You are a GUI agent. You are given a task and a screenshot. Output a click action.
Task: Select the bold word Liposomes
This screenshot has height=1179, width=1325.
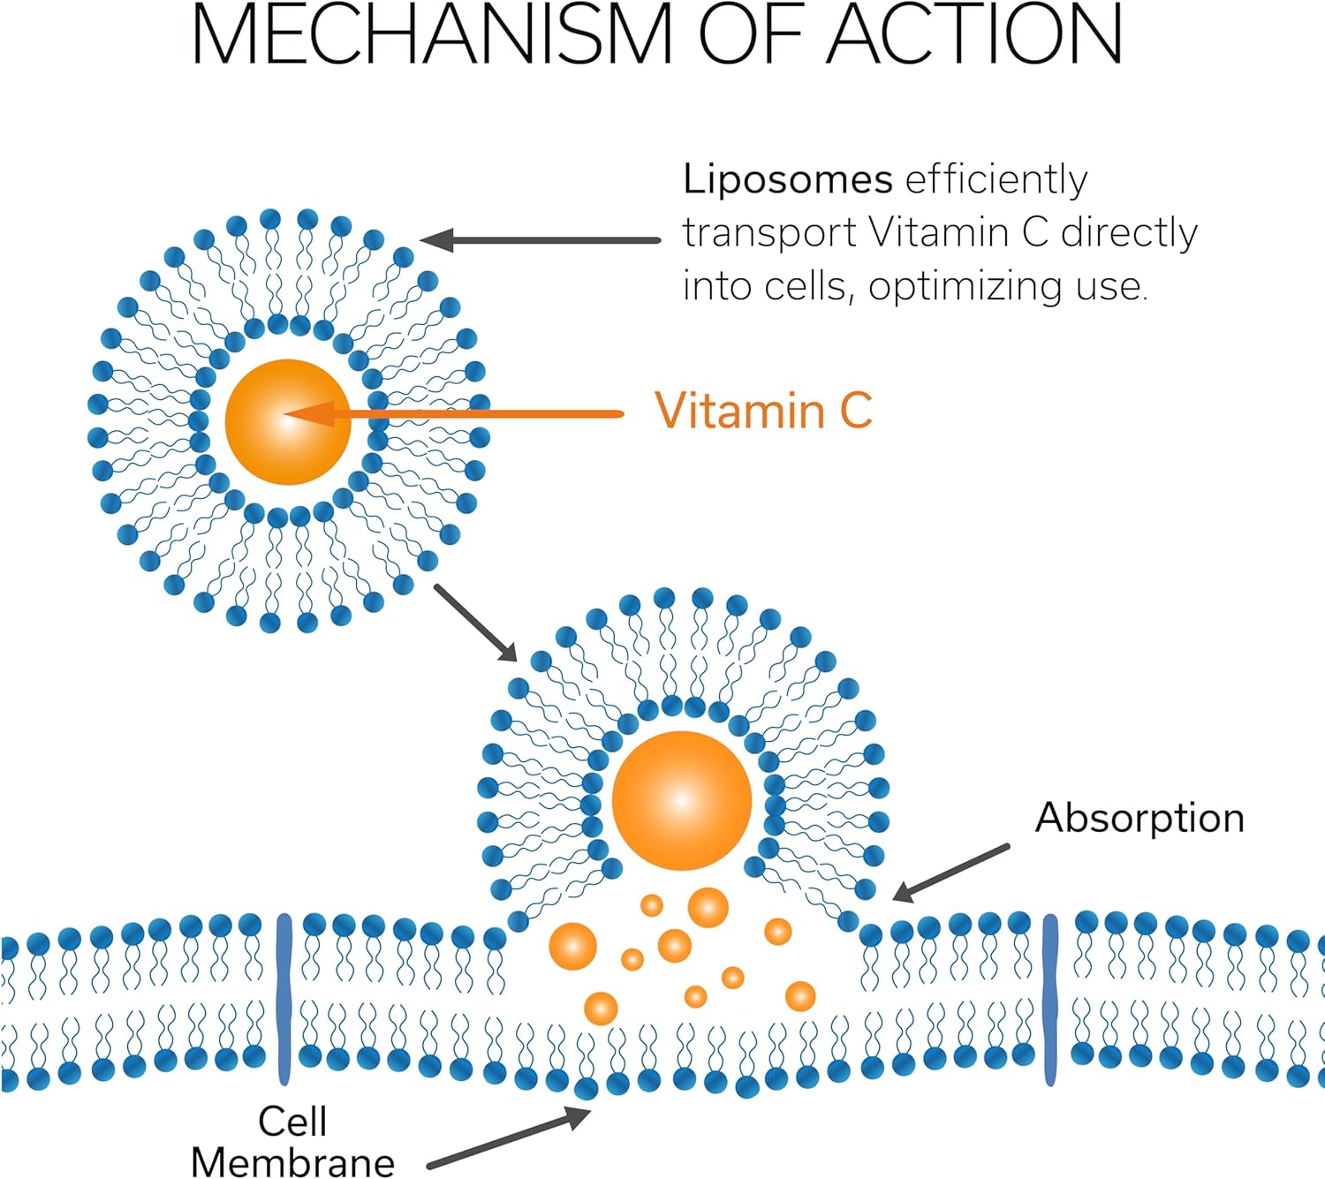pos(787,180)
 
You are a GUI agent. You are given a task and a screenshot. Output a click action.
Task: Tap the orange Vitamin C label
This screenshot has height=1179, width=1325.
pos(763,412)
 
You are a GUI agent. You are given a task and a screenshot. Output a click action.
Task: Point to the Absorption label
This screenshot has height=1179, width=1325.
pos(1139,818)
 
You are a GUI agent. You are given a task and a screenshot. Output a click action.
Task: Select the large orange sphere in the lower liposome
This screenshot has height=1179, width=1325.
pos(681,800)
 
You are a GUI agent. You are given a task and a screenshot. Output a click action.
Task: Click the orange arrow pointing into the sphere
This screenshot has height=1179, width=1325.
pos(459,413)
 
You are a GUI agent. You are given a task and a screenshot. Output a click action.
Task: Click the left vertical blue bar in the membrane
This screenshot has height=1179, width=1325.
pos(284,999)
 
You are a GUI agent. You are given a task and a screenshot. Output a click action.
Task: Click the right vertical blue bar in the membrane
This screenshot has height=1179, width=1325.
pos(1050,999)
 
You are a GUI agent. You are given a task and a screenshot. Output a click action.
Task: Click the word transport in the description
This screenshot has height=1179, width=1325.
pos(769,234)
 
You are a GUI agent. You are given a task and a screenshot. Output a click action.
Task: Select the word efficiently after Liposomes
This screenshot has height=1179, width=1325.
pos(996,180)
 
